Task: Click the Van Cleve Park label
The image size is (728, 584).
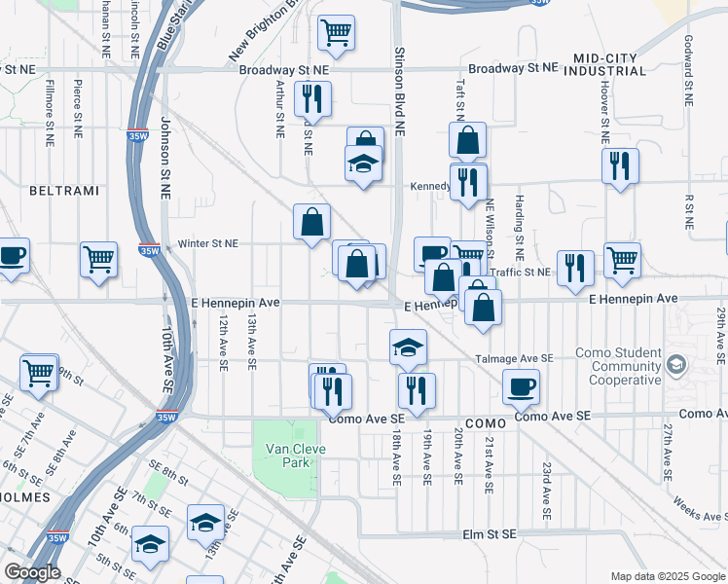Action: [x=295, y=456]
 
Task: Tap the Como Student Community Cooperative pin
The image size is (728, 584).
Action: [x=676, y=366]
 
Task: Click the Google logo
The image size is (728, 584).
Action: [x=32, y=571]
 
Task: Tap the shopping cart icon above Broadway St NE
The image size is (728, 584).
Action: [x=336, y=33]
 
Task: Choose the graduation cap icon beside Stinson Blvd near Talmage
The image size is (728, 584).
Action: [x=409, y=346]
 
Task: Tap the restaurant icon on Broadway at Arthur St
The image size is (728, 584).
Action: [x=312, y=97]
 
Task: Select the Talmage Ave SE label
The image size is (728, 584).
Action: [x=513, y=358]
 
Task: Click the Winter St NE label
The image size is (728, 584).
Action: [x=208, y=244]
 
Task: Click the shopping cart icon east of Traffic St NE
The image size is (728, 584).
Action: [x=622, y=259]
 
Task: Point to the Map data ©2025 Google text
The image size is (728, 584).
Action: [x=667, y=575]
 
